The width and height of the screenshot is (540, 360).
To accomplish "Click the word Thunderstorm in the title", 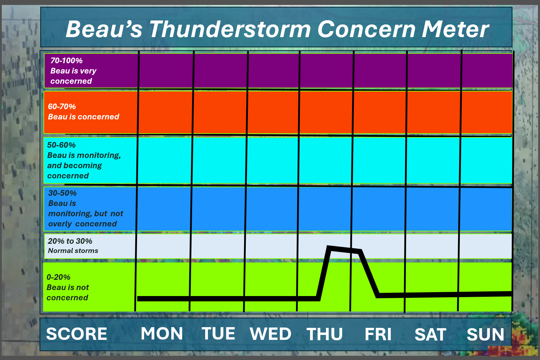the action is point(230,29).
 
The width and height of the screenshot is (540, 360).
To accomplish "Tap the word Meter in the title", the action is point(455,29).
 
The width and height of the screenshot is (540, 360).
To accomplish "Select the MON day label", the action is point(162,334).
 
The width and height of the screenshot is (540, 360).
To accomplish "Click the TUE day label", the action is point(218,334).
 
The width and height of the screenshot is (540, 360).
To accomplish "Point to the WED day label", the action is point(271,334).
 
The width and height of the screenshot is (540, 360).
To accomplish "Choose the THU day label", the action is point(325,334).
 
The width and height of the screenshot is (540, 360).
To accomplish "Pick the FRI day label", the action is point(378,334).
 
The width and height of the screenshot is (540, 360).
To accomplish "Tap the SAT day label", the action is point(430,335).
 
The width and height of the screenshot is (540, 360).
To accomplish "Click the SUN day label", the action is point(485,335).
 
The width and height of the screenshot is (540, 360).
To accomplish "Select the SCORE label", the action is point(77,334).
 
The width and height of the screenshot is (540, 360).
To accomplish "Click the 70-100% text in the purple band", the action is point(66,60).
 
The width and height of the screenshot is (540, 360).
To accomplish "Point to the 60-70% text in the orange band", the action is point(62,106).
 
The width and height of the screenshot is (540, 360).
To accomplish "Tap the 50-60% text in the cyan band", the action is point(61,145).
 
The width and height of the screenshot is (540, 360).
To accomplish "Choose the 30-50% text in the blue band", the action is point(63,193).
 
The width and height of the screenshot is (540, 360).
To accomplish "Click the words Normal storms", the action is point(73,251).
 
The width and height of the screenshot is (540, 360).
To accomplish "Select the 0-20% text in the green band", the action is point(58,277).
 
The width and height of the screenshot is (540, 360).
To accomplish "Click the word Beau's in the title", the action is point(104,29).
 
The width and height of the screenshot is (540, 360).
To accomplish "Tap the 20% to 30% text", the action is point(70,241).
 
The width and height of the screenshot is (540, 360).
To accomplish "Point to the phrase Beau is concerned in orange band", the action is point(83,117).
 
